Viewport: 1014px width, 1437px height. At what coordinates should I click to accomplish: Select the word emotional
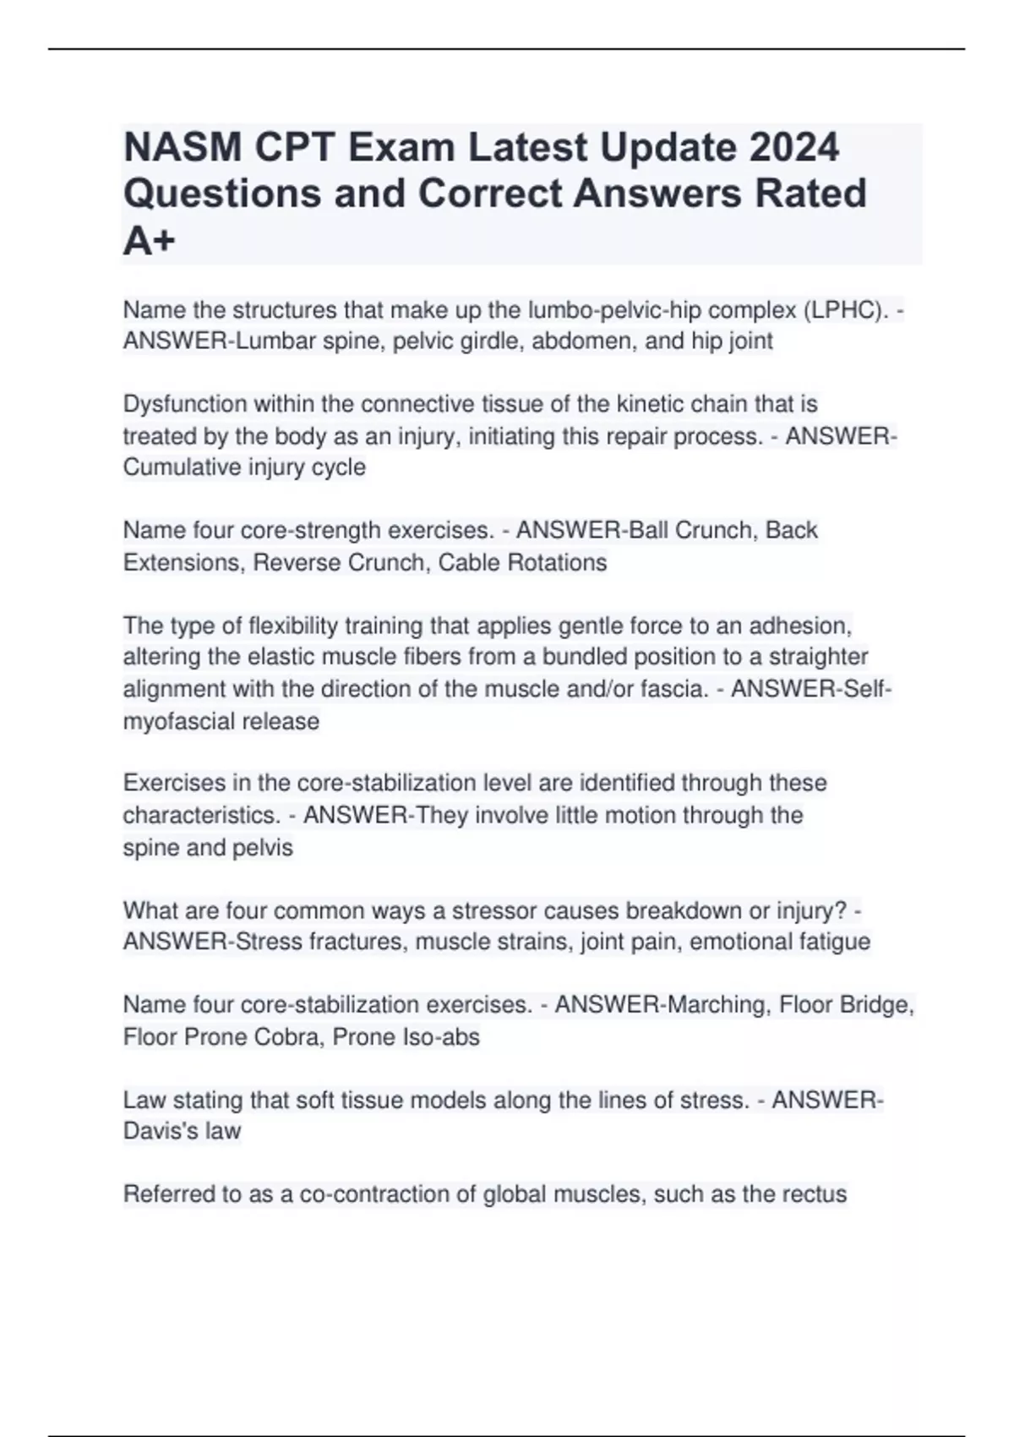click(739, 942)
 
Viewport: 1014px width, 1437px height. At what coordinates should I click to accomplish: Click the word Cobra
click(292, 1037)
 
